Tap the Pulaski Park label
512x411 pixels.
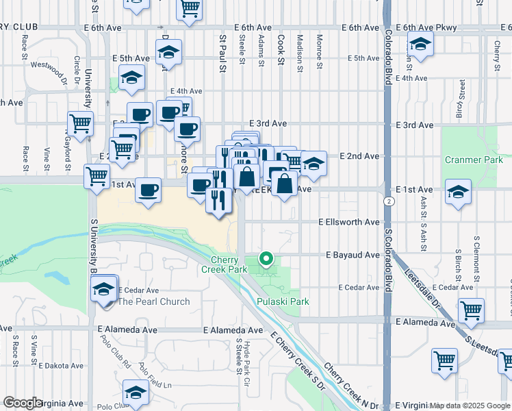283,301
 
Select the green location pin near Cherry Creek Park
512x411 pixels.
266,259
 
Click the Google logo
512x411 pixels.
23,403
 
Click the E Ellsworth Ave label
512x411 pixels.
348,223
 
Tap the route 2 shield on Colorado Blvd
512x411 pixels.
388,201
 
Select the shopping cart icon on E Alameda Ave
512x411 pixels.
471,310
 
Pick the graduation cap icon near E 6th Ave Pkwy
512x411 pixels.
420,46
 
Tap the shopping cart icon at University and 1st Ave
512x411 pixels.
96,175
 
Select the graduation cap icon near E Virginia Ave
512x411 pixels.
136,393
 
